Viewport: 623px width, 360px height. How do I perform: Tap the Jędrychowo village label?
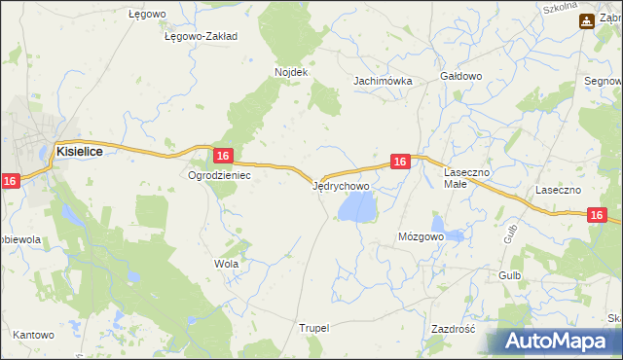click(341, 185)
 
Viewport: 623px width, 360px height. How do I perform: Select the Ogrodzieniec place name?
click(220, 175)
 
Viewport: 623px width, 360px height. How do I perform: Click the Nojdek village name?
click(291, 72)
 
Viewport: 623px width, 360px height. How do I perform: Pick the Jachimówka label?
click(383, 82)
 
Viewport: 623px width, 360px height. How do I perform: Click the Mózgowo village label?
click(421, 236)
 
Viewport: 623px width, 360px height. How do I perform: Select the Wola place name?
click(226, 264)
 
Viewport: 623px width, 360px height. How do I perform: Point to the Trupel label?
click(315, 329)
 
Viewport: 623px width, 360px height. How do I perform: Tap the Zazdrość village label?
click(452, 329)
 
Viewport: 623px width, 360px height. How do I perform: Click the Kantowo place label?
click(33, 335)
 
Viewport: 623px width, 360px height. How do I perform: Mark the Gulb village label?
click(510, 275)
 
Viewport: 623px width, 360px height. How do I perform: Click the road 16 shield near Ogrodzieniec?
click(223, 156)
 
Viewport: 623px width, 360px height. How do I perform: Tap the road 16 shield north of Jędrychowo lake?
click(399, 162)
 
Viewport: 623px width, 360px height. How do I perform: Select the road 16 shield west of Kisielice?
click(11, 181)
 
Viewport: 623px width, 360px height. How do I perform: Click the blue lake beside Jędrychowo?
click(355, 206)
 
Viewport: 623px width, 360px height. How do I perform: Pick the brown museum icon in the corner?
click(587, 20)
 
